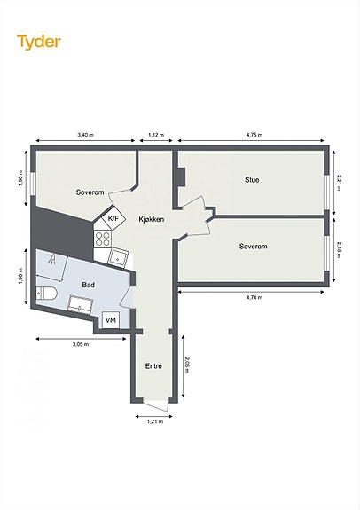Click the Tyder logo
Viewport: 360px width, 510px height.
(x=39, y=43)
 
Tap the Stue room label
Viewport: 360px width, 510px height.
(x=252, y=180)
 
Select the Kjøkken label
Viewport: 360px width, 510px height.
(x=152, y=220)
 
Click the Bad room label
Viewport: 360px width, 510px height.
(x=88, y=285)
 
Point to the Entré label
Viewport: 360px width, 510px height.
(x=153, y=366)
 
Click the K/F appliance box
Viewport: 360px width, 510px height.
(x=113, y=219)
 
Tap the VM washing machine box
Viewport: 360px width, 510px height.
(x=111, y=320)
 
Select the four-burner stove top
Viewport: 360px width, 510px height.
(x=103, y=239)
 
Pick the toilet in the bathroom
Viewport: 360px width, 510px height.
(x=46, y=294)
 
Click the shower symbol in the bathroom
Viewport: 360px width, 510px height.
(x=52, y=259)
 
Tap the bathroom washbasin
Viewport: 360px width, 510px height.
(x=81, y=305)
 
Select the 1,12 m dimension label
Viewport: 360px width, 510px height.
(x=156, y=135)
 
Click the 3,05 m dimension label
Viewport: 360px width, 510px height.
(x=81, y=344)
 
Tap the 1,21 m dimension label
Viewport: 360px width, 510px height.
(x=155, y=422)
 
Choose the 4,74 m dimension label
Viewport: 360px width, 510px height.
(x=254, y=297)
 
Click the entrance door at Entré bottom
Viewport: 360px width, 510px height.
(x=155, y=404)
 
